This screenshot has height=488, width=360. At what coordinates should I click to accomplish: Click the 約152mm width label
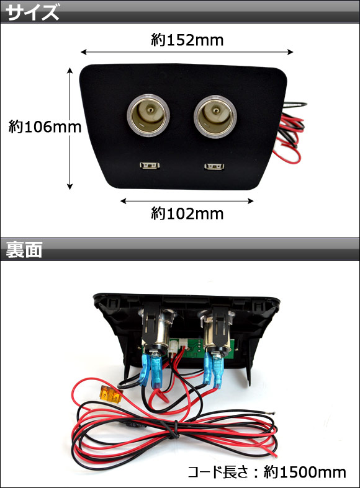(x=187, y=40)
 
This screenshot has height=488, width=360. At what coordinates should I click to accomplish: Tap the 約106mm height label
(x=45, y=126)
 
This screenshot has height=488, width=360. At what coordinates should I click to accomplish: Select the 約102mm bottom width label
(x=187, y=214)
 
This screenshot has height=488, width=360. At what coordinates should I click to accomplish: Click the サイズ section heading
(x=32, y=13)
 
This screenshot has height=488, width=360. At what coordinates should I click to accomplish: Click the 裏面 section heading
(x=24, y=250)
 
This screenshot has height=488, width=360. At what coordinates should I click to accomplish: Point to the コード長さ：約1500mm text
(x=267, y=472)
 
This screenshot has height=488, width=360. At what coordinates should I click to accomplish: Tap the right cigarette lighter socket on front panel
(x=215, y=116)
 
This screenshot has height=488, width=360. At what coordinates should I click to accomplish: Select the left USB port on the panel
(x=150, y=166)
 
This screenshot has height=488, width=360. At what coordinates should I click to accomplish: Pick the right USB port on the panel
(x=214, y=167)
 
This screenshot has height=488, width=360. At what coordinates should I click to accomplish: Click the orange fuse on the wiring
(x=111, y=394)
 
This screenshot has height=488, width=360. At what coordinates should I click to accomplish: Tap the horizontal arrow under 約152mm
(x=187, y=52)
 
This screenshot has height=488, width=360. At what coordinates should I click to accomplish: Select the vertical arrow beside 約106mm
(x=70, y=128)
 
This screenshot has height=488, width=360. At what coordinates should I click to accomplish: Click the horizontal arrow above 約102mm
(x=187, y=201)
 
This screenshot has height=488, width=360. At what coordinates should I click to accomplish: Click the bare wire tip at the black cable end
(x=272, y=413)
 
